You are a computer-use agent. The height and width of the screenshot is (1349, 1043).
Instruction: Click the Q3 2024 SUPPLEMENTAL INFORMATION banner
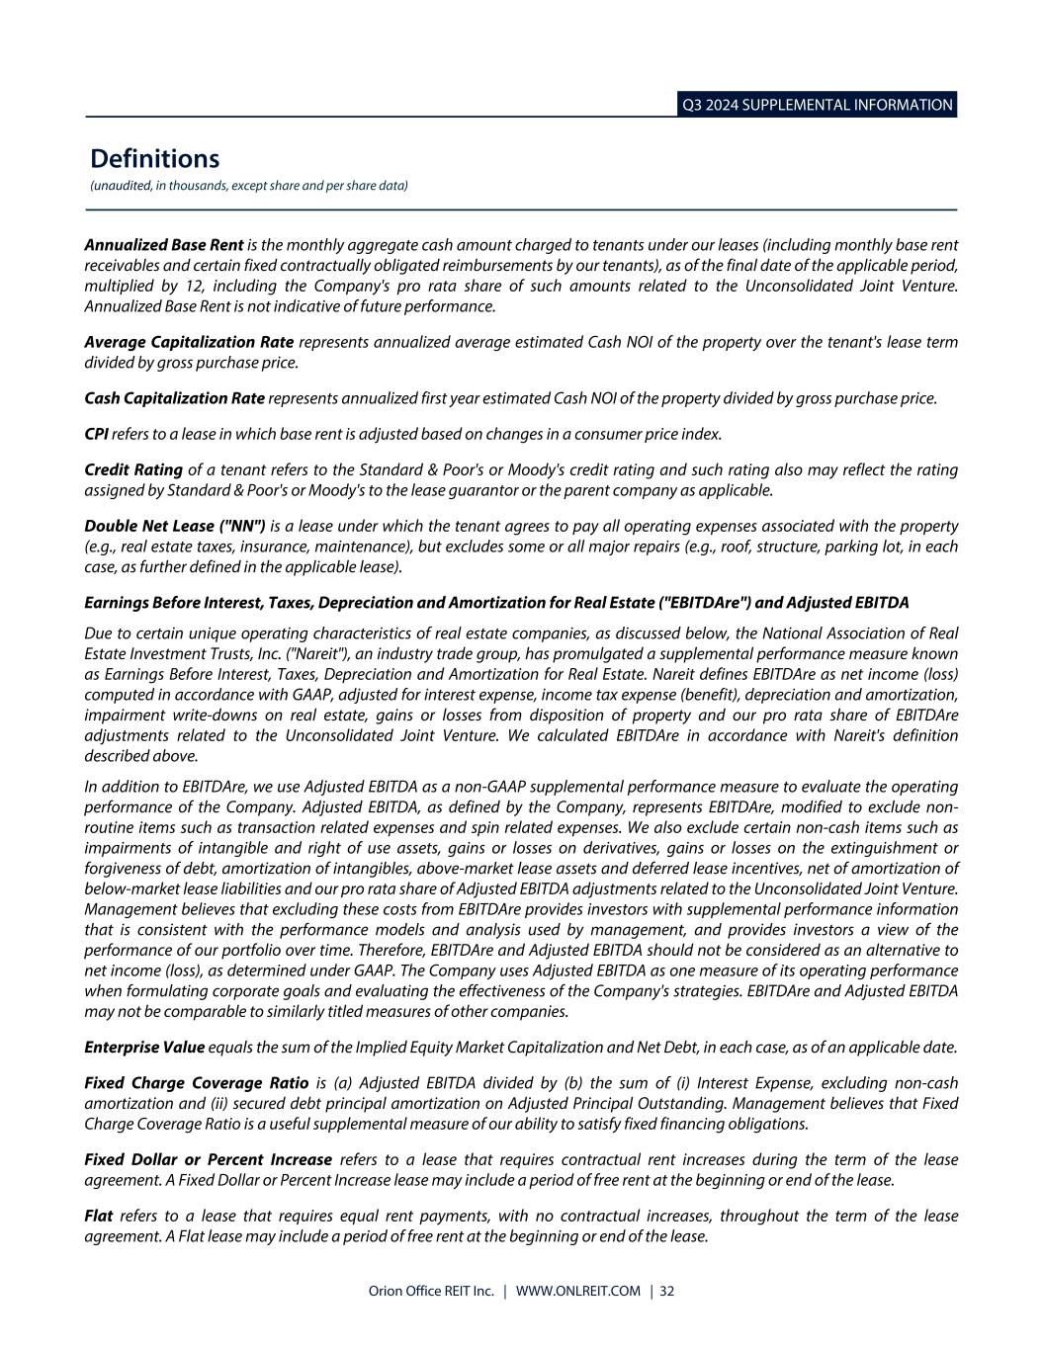(817, 105)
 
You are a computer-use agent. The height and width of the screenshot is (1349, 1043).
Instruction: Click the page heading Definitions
(154, 158)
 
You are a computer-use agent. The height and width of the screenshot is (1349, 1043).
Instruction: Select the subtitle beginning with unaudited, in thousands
(248, 186)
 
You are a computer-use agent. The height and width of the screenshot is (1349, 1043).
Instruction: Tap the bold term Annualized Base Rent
(163, 244)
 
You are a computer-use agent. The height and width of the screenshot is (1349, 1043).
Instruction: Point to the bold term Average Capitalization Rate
(189, 342)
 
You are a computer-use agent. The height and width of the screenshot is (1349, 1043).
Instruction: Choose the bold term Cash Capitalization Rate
(174, 398)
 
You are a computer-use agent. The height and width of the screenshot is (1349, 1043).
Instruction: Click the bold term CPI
(96, 434)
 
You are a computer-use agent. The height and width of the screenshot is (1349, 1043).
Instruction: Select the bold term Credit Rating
(133, 469)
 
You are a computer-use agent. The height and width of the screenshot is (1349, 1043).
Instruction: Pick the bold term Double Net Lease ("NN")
(175, 526)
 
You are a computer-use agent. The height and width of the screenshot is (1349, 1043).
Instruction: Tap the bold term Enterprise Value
(144, 1047)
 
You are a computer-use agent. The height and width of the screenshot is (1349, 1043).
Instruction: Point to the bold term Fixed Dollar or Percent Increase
(208, 1159)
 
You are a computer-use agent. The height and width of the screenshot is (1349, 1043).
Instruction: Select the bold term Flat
(98, 1216)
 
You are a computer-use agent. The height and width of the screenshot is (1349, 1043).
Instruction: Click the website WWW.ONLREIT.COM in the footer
(578, 1291)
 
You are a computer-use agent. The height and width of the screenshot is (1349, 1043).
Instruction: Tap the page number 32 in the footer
(667, 1291)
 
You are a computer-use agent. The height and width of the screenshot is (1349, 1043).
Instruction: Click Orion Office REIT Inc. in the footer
(430, 1291)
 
